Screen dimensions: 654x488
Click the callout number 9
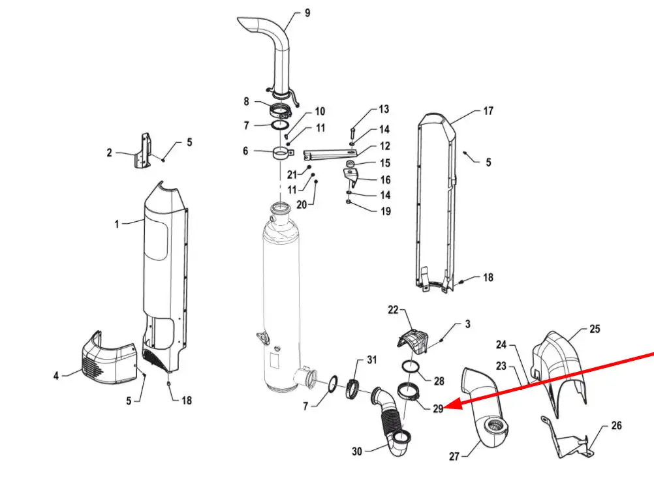tap(307, 13)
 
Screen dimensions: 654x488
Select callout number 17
tap(488, 111)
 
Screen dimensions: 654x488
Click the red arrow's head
tap(455, 404)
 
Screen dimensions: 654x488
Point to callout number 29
tap(438, 409)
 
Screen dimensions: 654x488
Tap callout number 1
tap(117, 224)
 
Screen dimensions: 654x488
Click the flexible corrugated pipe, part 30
tap(391, 421)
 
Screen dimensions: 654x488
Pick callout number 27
tap(454, 457)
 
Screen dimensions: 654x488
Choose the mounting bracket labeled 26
tap(568, 436)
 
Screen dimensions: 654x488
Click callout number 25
tap(595, 329)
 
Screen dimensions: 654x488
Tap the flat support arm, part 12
tap(330, 155)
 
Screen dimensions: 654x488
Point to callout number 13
tap(384, 109)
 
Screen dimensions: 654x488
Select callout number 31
tap(371, 359)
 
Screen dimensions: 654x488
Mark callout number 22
tap(394, 310)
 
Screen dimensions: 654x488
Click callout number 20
tap(302, 205)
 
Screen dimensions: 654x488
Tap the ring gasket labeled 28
tap(411, 367)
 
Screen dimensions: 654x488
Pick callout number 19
tap(386, 211)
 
